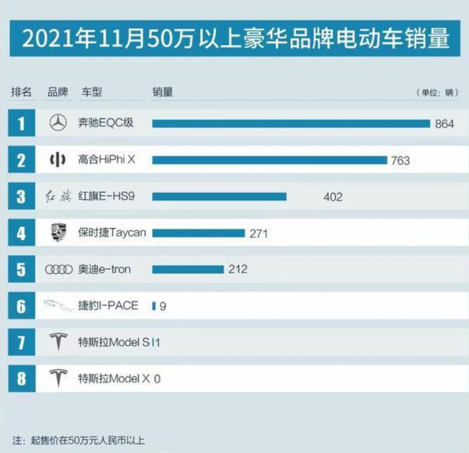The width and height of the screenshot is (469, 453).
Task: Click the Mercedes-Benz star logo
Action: [58, 123]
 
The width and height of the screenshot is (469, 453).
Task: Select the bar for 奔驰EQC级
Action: [291, 123]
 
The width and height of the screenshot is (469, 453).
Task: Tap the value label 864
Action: [444, 124]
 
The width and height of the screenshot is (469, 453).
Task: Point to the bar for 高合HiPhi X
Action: [269, 160]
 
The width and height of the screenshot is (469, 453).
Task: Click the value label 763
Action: [400, 160]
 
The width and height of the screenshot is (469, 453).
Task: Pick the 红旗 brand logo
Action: [58, 196]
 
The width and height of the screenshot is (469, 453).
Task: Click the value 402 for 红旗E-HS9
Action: [333, 197]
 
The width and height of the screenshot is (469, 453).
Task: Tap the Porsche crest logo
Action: [58, 233]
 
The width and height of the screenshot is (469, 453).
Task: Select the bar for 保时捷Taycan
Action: [198, 233]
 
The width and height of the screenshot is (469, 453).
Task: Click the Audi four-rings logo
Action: [58, 269]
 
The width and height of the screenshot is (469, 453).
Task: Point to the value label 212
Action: [237, 269]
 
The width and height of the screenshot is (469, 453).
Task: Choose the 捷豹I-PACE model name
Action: [108, 305]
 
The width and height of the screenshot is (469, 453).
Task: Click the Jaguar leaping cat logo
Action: [58, 305]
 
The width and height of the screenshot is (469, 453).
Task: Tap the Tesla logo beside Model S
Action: [58, 342]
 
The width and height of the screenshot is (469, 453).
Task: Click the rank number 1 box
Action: [22, 123]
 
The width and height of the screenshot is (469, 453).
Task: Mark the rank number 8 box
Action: [22, 378]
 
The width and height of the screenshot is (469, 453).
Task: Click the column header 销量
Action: [162, 92]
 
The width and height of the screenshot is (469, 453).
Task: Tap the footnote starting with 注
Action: [79, 440]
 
